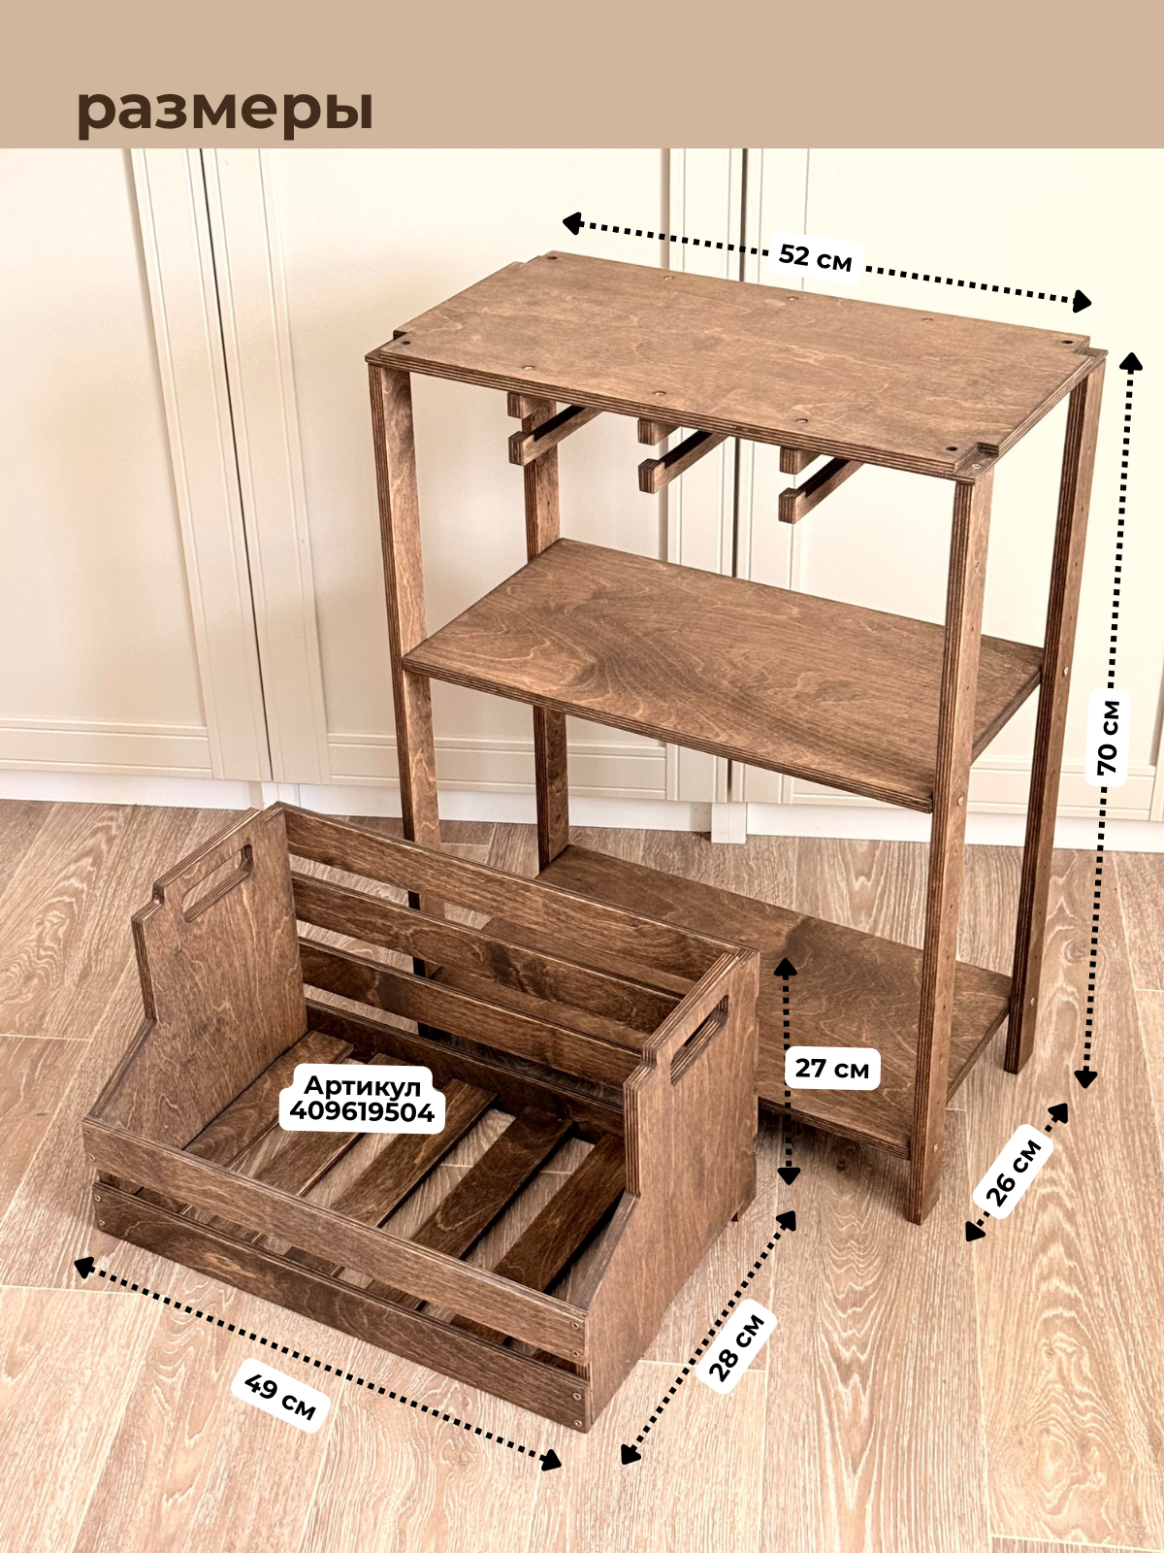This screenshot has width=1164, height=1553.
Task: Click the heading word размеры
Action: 225,110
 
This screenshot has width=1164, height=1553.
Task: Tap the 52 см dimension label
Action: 815,258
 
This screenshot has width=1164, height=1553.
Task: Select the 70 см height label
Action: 1109,737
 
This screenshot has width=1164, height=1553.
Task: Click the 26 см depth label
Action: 1015,1172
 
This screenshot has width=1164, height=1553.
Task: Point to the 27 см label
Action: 831,1069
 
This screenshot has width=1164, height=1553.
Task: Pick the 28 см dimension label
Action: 737,1346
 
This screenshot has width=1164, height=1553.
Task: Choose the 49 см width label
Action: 280,1396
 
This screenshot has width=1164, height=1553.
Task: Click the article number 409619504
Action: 362,1112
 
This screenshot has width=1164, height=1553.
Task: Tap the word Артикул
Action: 362,1085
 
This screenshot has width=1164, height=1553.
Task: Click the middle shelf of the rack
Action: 718,660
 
